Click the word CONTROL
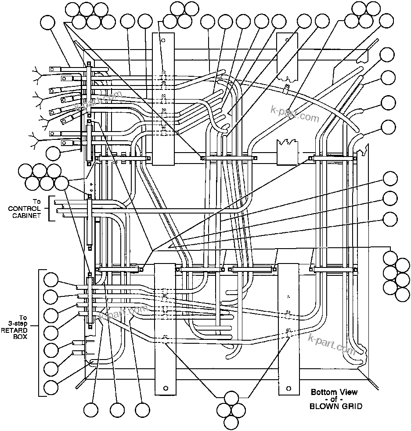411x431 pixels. point(25,208)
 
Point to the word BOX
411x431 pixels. point(21,337)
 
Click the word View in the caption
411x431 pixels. point(349,392)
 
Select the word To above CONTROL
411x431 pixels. point(37,202)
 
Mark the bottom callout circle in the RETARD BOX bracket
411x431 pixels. point(52,388)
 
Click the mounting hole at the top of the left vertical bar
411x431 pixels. point(163,40)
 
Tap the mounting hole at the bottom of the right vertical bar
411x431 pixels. point(288,388)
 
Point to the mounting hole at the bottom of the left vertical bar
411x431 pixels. point(166,388)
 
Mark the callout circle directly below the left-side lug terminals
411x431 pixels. point(53,153)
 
